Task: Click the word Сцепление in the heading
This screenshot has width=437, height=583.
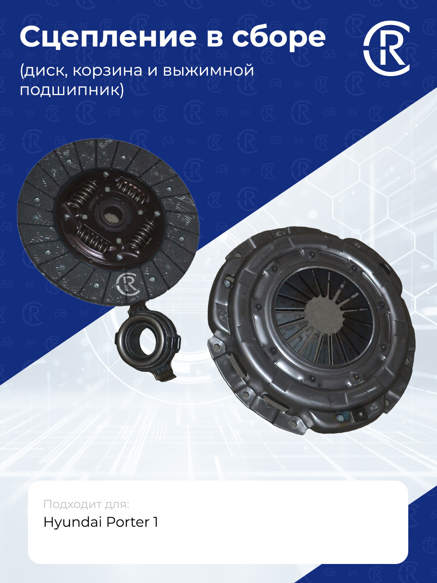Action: tap(108, 38)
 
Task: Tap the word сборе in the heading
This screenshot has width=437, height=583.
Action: tap(278, 37)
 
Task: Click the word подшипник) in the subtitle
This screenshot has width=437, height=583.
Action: tap(72, 89)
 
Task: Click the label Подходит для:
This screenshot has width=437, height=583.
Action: tap(86, 504)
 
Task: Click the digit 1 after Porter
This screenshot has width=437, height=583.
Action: tap(156, 522)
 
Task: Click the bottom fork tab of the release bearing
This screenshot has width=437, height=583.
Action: tap(166, 375)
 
